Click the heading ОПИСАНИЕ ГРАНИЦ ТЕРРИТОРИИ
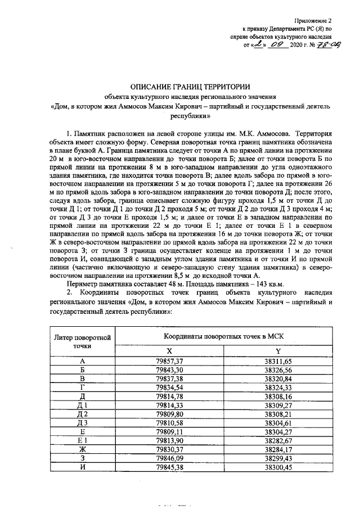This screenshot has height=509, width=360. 178,87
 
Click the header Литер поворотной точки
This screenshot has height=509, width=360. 83,341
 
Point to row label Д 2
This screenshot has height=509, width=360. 83,415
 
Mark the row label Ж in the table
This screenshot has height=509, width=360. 83,451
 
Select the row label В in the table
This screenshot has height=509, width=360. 83,379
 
